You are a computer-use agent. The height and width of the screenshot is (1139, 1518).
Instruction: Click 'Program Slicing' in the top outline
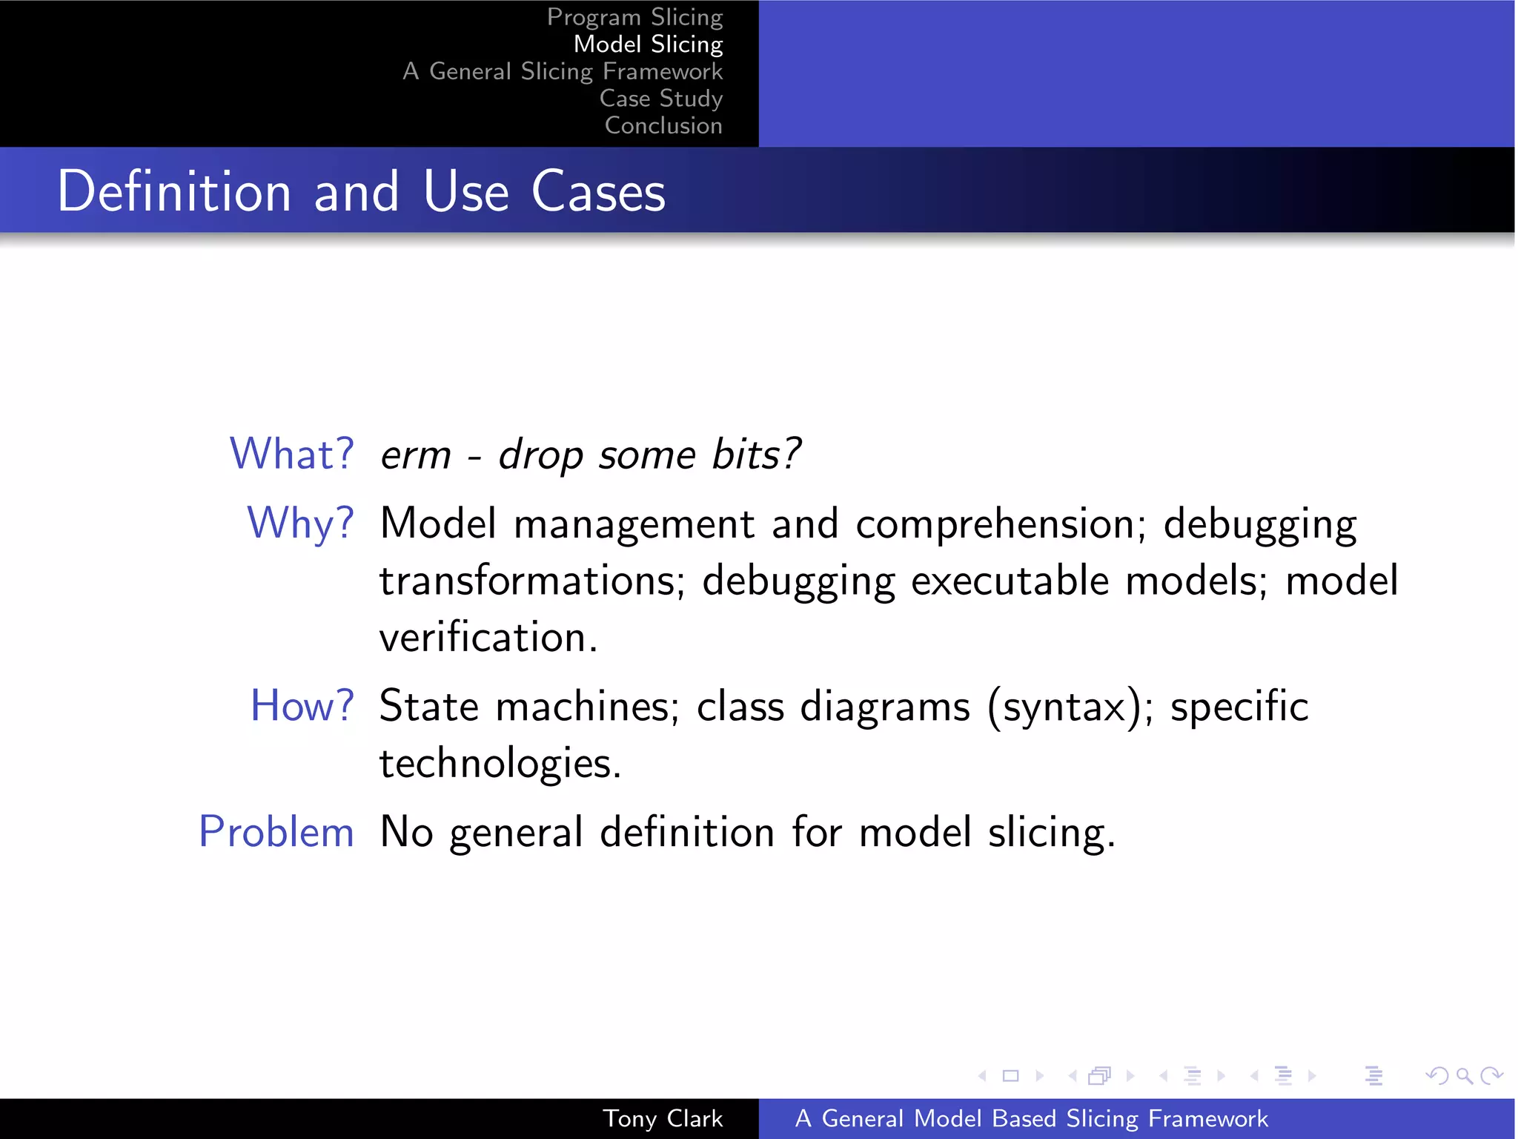[634, 17]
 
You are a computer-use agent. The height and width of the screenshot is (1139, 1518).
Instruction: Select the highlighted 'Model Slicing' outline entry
[648, 44]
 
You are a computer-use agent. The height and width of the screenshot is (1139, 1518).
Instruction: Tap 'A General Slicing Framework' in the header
[563, 71]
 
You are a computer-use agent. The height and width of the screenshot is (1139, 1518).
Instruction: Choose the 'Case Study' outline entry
[660, 99]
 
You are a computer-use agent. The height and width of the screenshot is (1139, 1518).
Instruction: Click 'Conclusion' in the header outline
[663, 125]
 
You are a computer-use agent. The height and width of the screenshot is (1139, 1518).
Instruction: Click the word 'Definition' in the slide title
[174, 191]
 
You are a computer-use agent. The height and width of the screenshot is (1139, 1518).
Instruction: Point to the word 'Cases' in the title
[598, 191]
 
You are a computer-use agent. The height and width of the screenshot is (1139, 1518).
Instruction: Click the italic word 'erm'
[415, 455]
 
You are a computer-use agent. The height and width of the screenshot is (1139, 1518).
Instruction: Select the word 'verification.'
[488, 637]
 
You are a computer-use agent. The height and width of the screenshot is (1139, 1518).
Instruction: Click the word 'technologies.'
[500, 763]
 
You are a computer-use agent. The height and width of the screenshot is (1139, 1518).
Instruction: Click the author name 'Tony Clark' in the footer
[662, 1118]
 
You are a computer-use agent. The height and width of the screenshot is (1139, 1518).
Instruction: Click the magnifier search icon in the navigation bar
[1463, 1075]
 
